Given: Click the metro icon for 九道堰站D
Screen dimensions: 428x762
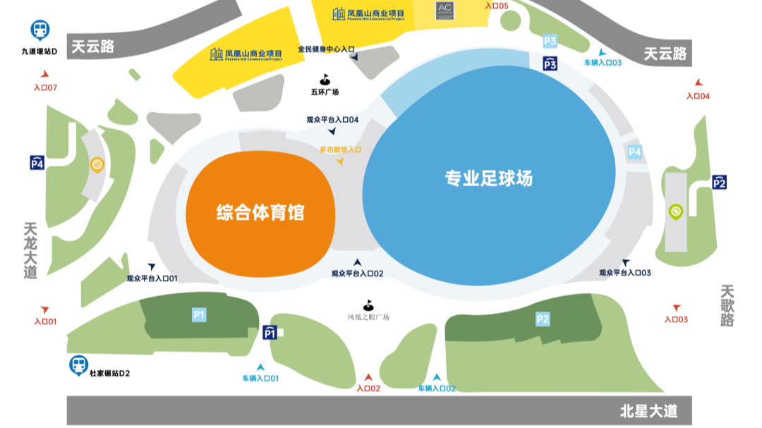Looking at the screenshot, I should (x=40, y=30).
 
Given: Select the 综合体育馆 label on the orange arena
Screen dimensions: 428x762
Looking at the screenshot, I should (x=260, y=212).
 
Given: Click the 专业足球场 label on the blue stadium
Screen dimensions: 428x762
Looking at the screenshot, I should (x=488, y=178).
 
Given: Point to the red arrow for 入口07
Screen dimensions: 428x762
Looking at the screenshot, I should (x=45, y=74).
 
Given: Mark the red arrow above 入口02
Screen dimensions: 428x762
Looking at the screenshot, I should (x=368, y=378).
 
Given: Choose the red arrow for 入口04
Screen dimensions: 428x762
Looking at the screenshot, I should (x=698, y=82).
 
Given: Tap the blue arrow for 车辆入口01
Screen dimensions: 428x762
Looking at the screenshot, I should (x=260, y=367).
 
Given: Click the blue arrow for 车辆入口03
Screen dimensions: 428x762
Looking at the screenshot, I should (x=602, y=51).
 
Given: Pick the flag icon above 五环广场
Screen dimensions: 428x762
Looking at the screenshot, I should (x=325, y=80).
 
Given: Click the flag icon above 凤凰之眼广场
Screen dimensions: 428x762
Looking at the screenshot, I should (x=368, y=305).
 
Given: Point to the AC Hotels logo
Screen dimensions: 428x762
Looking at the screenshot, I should (x=445, y=10).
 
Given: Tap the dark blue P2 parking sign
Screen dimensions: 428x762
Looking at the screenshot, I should (x=719, y=183).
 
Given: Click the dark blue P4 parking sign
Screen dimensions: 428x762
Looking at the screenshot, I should (x=37, y=164).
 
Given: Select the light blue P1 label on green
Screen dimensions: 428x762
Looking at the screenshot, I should (x=199, y=314).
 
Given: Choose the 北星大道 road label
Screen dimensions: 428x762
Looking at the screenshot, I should (x=648, y=411).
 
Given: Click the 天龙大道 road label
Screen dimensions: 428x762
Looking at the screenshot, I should (x=30, y=251).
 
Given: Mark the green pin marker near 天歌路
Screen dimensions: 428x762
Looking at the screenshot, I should (x=675, y=212).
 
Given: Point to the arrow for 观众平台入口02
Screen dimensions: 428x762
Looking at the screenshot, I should (x=357, y=262).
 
